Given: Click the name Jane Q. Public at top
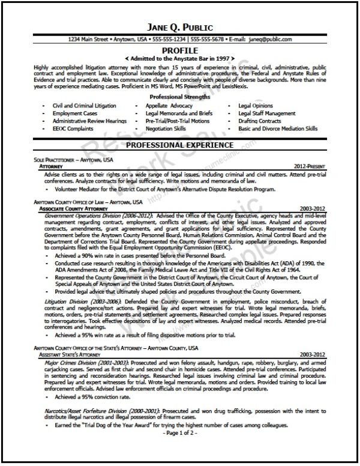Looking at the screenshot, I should [x=179, y=28].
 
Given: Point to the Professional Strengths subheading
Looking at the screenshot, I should [x=179, y=96].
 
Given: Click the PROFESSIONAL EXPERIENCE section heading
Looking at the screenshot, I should [x=179, y=145].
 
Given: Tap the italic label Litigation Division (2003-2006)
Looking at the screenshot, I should [x=80, y=299].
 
